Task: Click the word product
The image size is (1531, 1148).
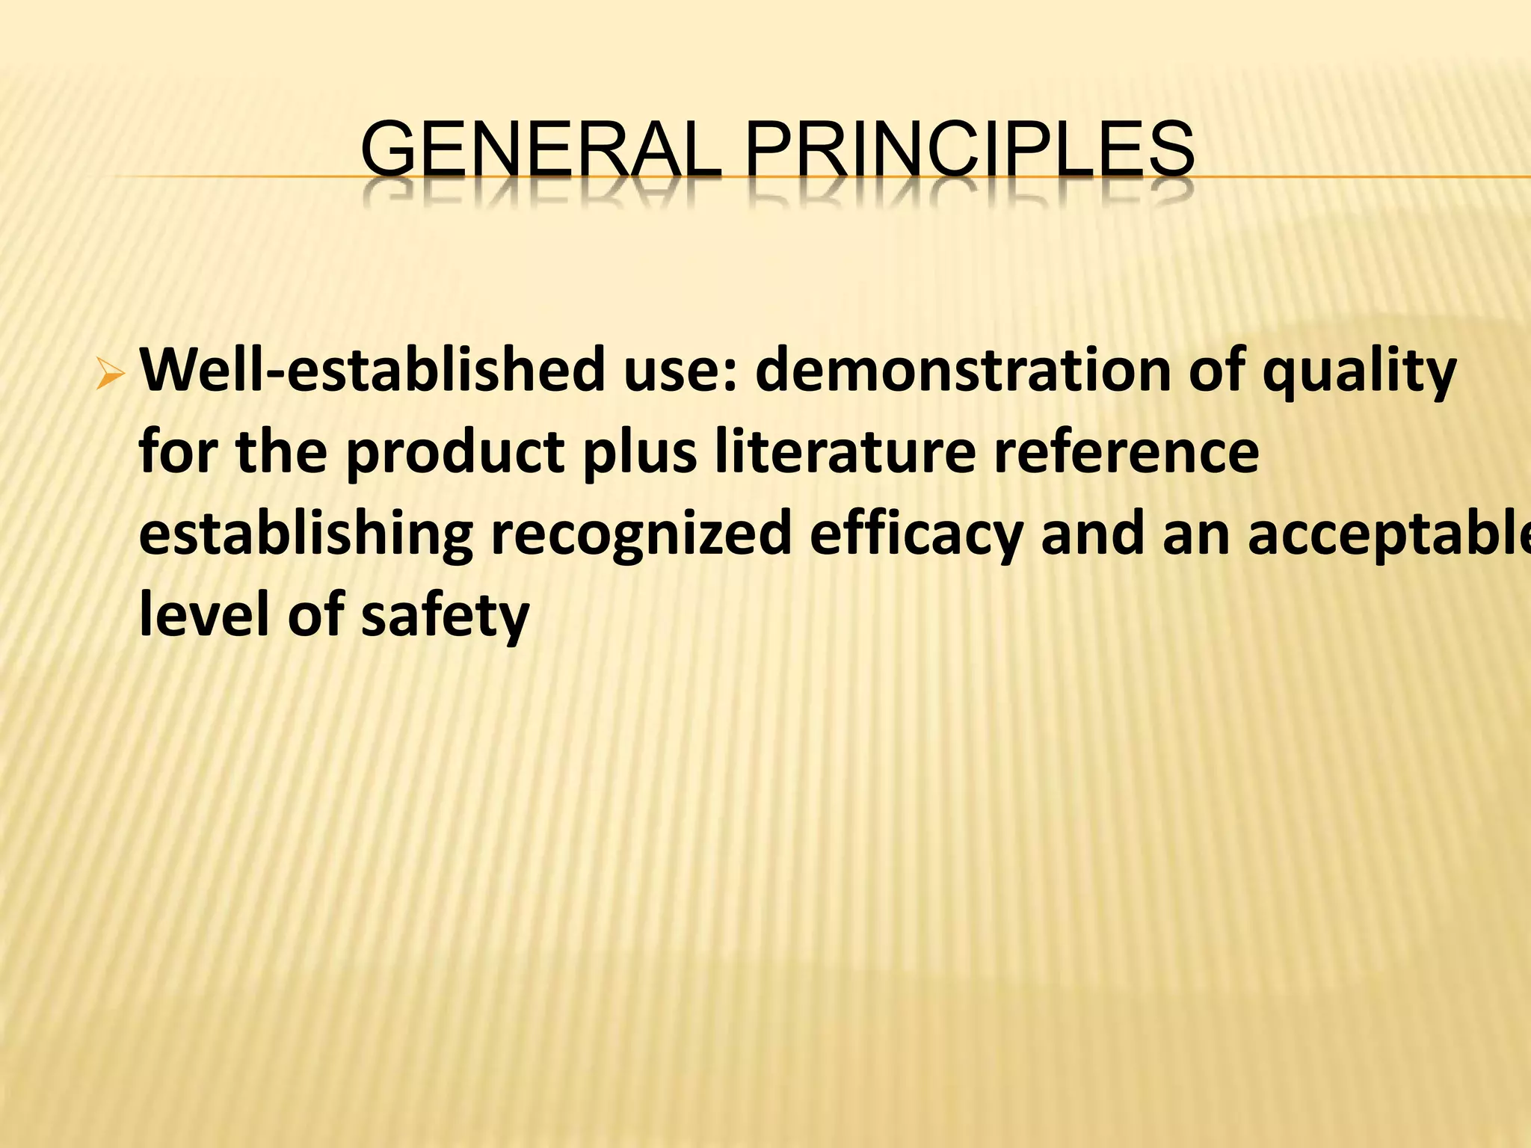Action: pyautogui.click(x=455, y=453)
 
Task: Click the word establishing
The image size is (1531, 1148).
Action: pyautogui.click(x=306, y=535)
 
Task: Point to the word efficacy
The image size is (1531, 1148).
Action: pyautogui.click(x=915, y=535)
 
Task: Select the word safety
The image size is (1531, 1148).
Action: pyautogui.click(x=445, y=616)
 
